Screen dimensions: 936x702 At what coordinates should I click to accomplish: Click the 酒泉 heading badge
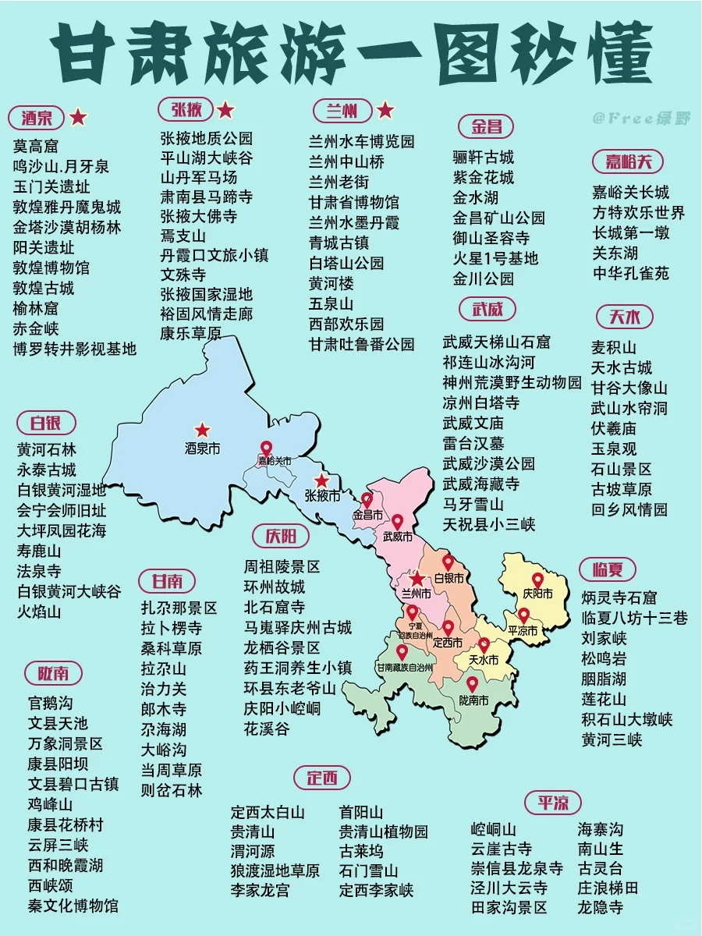click(37, 118)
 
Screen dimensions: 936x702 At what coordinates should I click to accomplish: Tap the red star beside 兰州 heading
click(385, 111)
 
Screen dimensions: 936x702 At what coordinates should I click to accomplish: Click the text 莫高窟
click(36, 146)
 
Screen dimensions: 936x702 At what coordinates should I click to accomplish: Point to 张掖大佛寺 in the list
click(199, 215)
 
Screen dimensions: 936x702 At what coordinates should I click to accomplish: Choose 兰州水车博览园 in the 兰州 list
click(361, 141)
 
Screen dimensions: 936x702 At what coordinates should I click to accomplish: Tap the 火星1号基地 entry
click(495, 257)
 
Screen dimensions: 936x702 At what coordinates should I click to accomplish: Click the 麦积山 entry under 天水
click(614, 347)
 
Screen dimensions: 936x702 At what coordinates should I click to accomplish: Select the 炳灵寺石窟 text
click(619, 597)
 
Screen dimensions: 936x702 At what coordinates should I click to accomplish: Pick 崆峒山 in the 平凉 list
click(494, 828)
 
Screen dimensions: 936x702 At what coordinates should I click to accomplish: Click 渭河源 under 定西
click(253, 850)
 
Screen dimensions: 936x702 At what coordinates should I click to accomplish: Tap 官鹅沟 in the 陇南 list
click(50, 703)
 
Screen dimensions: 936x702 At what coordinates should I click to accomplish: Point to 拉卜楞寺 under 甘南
click(172, 628)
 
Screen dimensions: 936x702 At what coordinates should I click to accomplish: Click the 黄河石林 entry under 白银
click(47, 450)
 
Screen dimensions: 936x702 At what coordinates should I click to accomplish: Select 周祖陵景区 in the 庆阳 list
click(282, 566)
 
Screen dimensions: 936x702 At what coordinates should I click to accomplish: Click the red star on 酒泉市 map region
click(203, 430)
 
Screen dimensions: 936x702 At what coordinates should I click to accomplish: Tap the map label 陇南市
click(473, 702)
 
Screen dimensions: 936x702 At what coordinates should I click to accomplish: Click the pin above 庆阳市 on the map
click(536, 576)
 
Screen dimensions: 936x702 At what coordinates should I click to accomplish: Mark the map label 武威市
click(398, 537)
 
